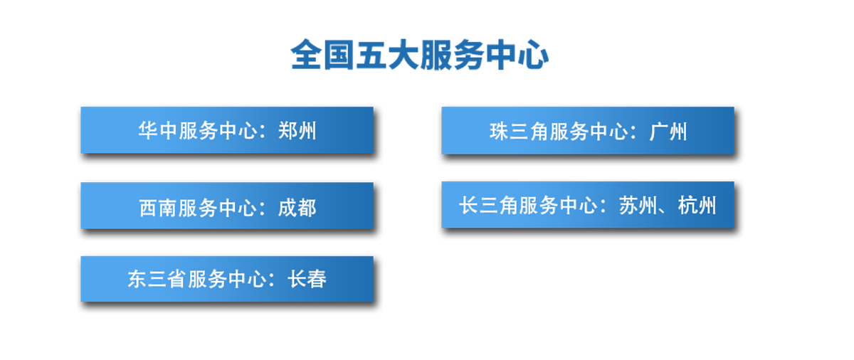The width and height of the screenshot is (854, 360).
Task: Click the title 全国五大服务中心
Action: coord(419,55)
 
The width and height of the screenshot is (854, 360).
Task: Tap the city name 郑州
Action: coord(297,131)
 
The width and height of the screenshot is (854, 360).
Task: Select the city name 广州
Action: coord(668,132)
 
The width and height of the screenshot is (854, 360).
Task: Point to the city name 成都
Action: coord(297,208)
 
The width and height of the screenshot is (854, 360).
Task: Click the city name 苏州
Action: coord(638,206)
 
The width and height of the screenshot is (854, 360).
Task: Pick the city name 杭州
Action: coord(697,206)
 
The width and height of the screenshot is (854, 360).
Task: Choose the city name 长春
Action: coord(307,279)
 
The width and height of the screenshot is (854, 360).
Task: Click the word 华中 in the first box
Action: coord(157,131)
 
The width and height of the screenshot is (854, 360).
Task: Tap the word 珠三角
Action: coord(519,132)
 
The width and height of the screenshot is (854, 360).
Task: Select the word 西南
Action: coord(158,208)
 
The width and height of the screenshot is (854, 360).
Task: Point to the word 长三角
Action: coord(488,206)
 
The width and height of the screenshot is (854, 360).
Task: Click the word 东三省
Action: coord(157,279)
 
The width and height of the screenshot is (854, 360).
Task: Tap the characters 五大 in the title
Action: coord(387,55)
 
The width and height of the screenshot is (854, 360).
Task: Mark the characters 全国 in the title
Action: coord(322,55)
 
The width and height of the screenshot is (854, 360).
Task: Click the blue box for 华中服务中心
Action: coord(227,130)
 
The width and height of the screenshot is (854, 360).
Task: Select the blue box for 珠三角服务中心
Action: coord(588,131)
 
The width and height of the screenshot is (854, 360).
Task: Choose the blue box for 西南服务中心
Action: coord(227,206)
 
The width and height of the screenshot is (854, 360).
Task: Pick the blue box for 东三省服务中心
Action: coord(227,279)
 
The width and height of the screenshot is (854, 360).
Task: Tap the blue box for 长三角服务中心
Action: coord(588,205)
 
